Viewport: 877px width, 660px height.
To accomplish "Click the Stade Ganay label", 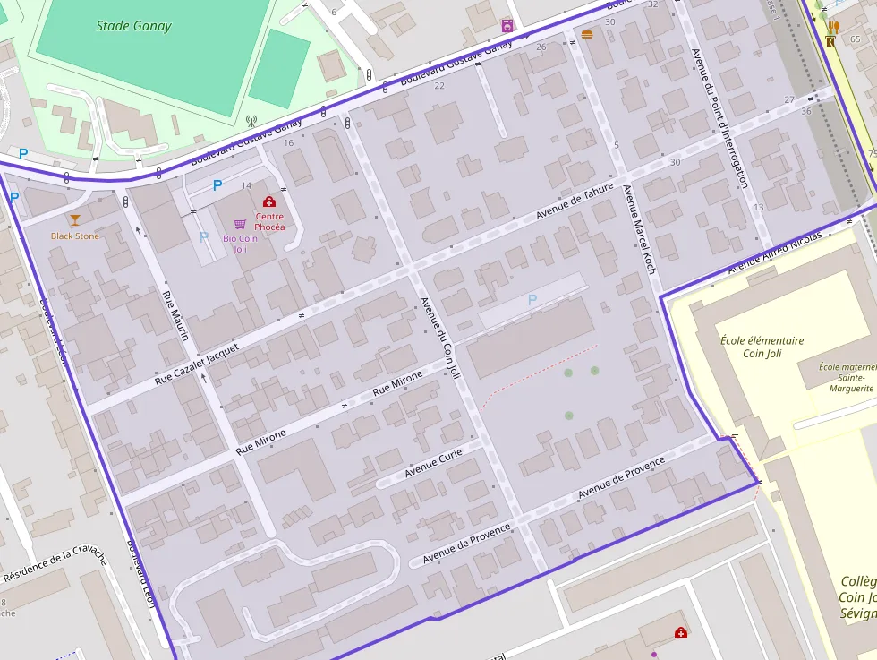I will pyautogui.click(x=133, y=26).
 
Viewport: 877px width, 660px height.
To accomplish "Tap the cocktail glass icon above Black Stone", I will pyautogui.click(x=74, y=219).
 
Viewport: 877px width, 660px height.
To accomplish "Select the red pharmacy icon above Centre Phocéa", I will pyautogui.click(x=268, y=202).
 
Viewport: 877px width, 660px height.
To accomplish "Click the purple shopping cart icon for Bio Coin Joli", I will pyautogui.click(x=240, y=224).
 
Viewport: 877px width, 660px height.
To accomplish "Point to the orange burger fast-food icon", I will pyautogui.click(x=587, y=34).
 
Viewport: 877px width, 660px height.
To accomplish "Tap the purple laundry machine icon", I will pyautogui.click(x=507, y=26).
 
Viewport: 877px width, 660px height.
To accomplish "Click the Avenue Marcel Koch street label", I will pyautogui.click(x=638, y=228).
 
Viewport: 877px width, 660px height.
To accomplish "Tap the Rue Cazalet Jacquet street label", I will pyautogui.click(x=197, y=364).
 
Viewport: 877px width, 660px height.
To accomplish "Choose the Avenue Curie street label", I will pyautogui.click(x=433, y=463).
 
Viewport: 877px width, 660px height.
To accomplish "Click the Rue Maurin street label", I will pyautogui.click(x=175, y=315).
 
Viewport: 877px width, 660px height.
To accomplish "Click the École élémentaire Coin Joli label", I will pyautogui.click(x=762, y=347).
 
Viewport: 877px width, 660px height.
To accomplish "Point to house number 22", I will pyautogui.click(x=438, y=86).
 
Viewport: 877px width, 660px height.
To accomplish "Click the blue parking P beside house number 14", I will pyautogui.click(x=217, y=185).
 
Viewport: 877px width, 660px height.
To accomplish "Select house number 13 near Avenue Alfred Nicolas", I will pyautogui.click(x=758, y=207).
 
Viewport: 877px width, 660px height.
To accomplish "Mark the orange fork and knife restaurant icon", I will pyautogui.click(x=834, y=27).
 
